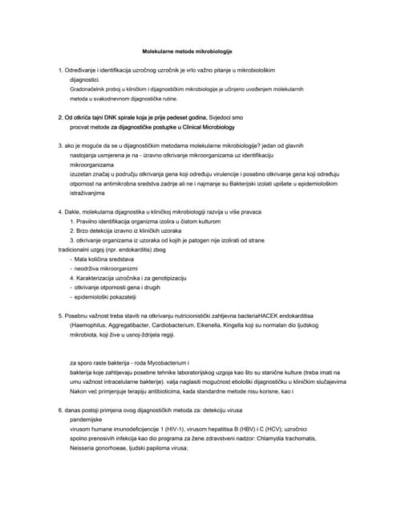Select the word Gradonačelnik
tap(92, 89)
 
